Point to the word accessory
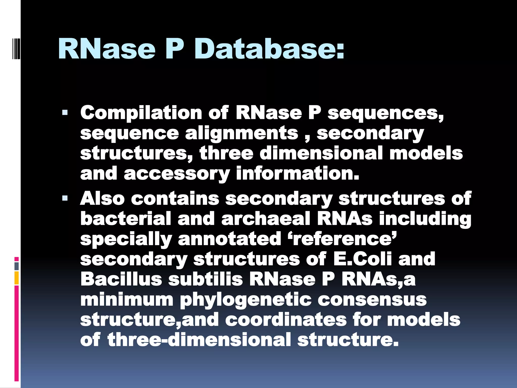pos(177,174)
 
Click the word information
pos(297,174)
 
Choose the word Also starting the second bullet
pos(102,198)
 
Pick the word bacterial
pos(126,219)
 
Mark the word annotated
pos(229,239)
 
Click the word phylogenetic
pos(246,300)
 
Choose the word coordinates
pos(286,320)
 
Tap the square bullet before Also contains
pos(65,198)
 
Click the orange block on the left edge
pos(17,278)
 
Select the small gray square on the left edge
pos(17,266)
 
